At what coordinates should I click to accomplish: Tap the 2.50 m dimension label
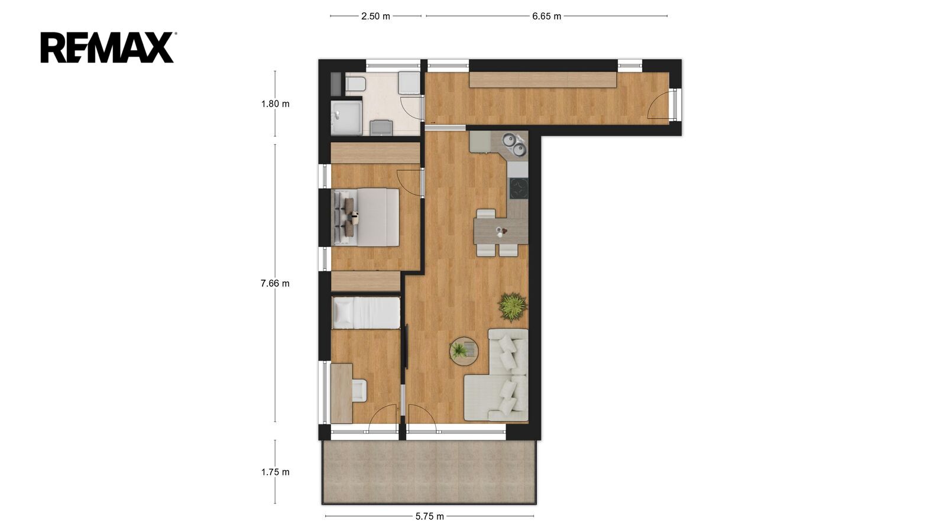click(375, 17)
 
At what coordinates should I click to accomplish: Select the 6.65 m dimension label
click(546, 17)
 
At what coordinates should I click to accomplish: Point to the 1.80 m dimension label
click(276, 104)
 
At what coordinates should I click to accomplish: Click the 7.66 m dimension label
click(276, 283)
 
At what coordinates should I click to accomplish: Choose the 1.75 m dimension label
click(276, 472)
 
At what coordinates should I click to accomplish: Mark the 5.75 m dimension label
click(429, 517)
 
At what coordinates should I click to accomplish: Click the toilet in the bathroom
click(355, 84)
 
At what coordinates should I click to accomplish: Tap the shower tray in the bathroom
click(346, 118)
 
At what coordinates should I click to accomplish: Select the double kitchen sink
click(515, 143)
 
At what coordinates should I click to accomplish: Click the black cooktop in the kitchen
click(519, 189)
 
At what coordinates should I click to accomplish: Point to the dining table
click(501, 231)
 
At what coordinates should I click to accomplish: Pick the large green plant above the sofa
click(513, 307)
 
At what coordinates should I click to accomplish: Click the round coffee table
click(464, 351)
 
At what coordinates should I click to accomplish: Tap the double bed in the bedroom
click(366, 216)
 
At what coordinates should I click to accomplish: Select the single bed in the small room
click(366, 313)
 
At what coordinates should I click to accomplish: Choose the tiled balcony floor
click(429, 472)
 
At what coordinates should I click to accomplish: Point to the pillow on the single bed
click(342, 313)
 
